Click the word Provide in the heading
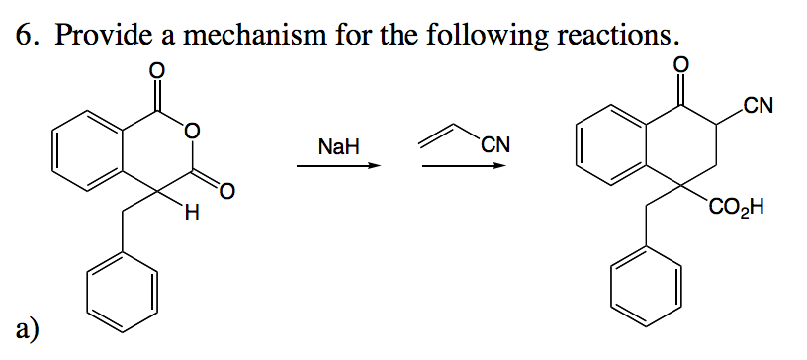[97, 35]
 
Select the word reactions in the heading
[617, 35]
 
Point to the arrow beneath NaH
[339, 166]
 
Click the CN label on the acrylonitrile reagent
[494, 147]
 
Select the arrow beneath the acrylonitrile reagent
[464, 166]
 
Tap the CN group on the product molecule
[760, 104]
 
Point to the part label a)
[27, 327]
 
